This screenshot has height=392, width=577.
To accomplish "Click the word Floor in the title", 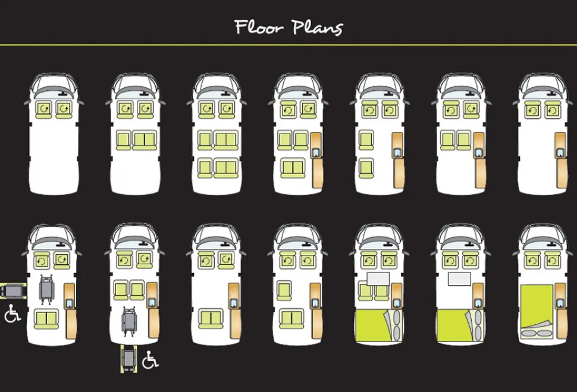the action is click(x=259, y=27).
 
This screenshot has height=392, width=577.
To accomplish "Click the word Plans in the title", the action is click(x=317, y=27).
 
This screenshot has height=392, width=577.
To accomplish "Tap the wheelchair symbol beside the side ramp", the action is click(x=12, y=314).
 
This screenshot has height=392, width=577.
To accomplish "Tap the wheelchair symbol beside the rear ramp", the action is click(x=150, y=359).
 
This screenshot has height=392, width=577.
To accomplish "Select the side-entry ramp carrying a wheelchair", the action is click(x=13, y=291).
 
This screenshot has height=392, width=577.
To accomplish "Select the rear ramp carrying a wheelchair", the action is click(x=129, y=358).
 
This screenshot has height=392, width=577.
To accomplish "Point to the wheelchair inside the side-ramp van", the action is click(x=47, y=289).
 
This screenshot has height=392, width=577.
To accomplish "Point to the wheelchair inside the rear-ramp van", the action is click(x=129, y=321).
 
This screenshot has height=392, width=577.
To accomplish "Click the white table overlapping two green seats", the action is click(x=378, y=279).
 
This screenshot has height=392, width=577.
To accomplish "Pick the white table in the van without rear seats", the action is click(x=459, y=279).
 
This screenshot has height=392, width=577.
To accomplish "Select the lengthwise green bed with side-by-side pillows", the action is click(x=537, y=311).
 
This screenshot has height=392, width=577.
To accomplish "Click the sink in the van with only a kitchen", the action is click(x=560, y=152).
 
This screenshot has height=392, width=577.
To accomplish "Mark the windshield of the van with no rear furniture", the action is click(x=54, y=91).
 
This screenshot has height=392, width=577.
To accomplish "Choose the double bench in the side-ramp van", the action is click(x=47, y=319).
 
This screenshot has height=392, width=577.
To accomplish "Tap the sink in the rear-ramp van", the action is click(x=152, y=302).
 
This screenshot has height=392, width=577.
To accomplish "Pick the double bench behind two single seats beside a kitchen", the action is click(x=293, y=168).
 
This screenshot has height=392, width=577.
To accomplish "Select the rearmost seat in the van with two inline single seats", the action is click(x=366, y=168).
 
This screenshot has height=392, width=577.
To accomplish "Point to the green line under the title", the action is click(x=288, y=45).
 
